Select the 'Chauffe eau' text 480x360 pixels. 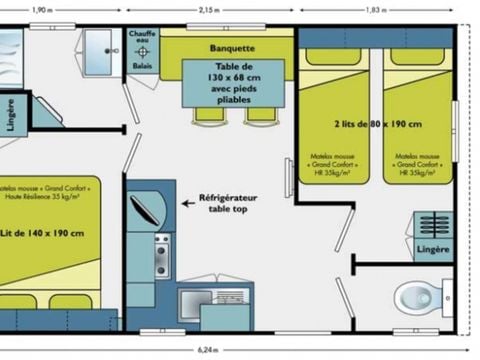pyautogui.click(x=143, y=38)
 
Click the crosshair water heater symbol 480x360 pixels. pyautogui.click(x=143, y=52)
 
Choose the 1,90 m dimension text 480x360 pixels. pyautogui.click(x=43, y=9)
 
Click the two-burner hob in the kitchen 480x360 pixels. pyautogui.click(x=162, y=256)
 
